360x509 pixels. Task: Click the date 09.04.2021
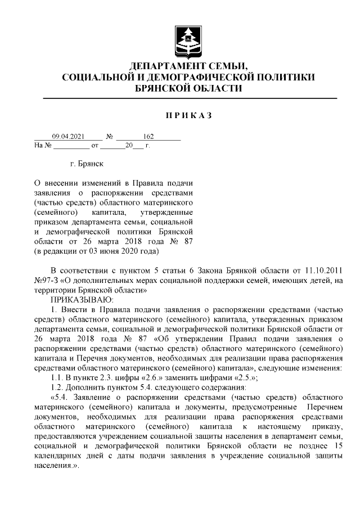(x=68, y=136)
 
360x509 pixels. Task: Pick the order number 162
(x=148, y=136)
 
